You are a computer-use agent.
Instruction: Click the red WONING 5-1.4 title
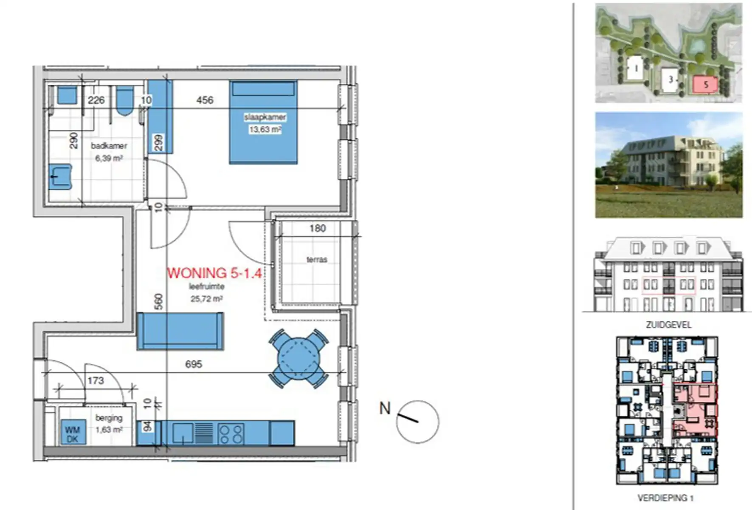pyautogui.click(x=214, y=273)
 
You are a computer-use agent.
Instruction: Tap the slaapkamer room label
pyautogui.click(x=265, y=117)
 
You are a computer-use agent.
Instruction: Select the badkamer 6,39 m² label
pyautogui.click(x=109, y=152)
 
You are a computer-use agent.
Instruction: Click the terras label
pyautogui.click(x=317, y=259)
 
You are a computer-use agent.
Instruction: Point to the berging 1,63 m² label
pyautogui.click(x=109, y=424)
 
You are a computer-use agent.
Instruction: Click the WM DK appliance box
pyautogui.click(x=73, y=434)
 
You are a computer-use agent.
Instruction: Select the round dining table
pyautogui.click(x=299, y=358)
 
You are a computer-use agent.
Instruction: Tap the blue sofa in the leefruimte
pyautogui.click(x=180, y=331)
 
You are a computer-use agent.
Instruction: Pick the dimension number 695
pyautogui.click(x=193, y=364)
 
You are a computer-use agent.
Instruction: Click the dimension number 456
pyautogui.click(x=205, y=100)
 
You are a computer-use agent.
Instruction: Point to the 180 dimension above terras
pyautogui.click(x=317, y=229)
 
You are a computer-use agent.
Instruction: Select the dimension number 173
pyautogui.click(x=96, y=380)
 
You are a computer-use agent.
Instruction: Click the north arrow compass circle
pyautogui.click(x=417, y=422)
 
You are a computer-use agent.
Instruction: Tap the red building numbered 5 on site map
pyautogui.click(x=705, y=85)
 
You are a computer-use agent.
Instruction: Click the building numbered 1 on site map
pyautogui.click(x=636, y=68)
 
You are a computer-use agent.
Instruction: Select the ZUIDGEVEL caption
pyautogui.click(x=668, y=325)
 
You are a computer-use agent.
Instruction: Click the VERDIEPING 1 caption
pyautogui.click(x=665, y=498)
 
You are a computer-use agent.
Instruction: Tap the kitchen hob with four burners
pyautogui.click(x=231, y=434)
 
